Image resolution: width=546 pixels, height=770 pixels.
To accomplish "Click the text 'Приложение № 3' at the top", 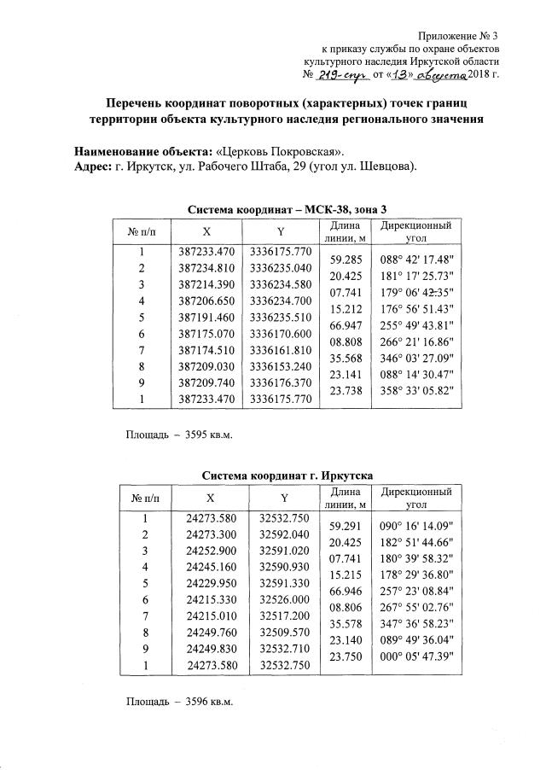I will click(459, 35).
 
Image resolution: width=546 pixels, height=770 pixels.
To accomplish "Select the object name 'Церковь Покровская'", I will click(274, 150).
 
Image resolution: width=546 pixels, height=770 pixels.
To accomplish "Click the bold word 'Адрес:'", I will click(94, 165).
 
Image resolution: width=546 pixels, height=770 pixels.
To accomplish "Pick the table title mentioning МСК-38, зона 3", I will click(289, 209).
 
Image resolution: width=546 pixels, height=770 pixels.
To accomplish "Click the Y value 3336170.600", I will click(281, 333).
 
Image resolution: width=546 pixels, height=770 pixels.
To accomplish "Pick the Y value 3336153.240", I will click(281, 365).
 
